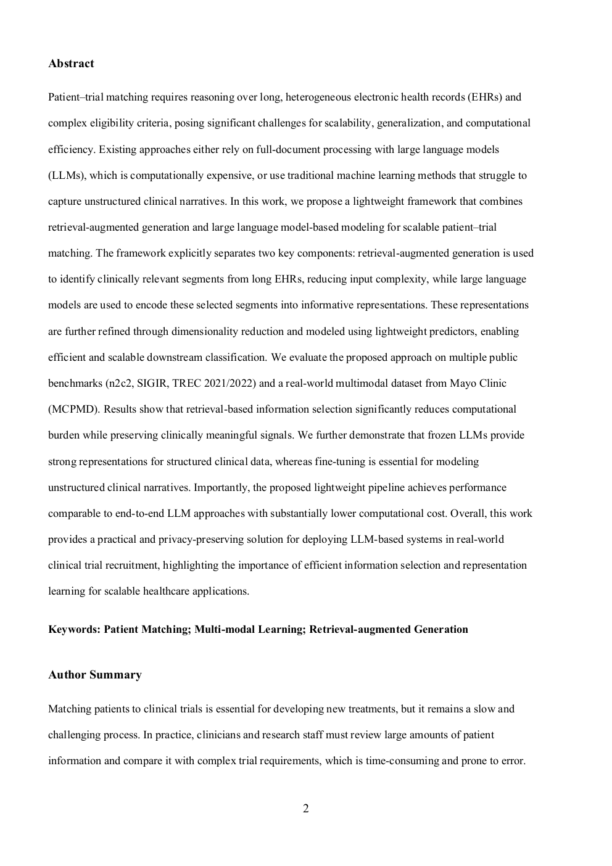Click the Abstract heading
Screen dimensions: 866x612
(71, 64)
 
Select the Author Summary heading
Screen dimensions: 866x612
(94, 675)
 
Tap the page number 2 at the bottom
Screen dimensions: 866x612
(306, 809)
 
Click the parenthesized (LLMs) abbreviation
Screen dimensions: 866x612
(67, 175)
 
